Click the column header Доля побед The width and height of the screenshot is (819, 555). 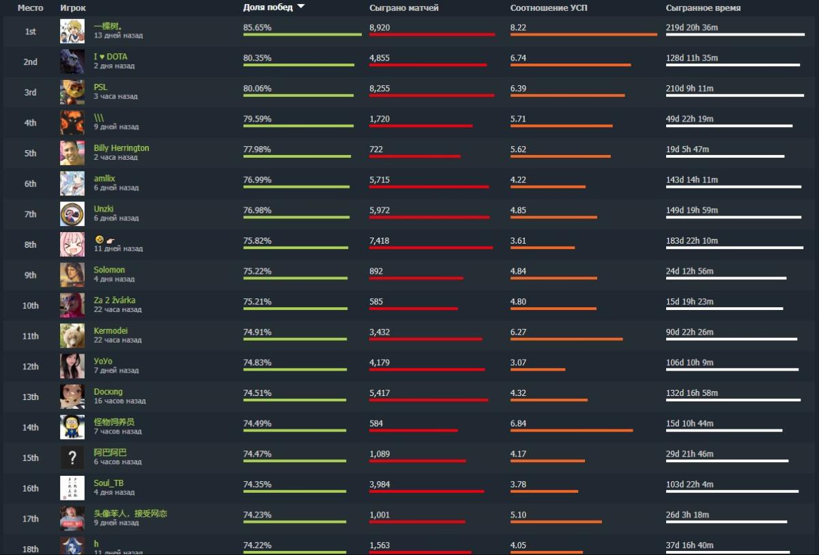[x=268, y=8]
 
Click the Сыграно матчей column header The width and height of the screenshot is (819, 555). [x=403, y=8]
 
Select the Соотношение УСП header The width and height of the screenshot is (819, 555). [x=548, y=8]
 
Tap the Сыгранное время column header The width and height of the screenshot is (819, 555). [x=703, y=8]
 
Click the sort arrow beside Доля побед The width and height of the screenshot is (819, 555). [x=301, y=7]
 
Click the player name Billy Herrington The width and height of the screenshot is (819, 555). [x=121, y=148]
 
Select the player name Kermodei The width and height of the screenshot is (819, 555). [x=111, y=331]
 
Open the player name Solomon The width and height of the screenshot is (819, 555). [x=109, y=270]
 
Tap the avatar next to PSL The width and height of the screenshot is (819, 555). [x=72, y=92]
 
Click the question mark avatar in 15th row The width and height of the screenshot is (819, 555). [x=72, y=457]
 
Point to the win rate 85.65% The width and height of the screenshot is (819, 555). [x=257, y=27]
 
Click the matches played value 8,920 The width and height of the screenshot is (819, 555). [x=379, y=27]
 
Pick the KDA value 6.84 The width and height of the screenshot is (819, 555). [x=518, y=423]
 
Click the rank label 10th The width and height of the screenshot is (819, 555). [x=31, y=306]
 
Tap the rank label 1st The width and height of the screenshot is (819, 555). [x=31, y=31]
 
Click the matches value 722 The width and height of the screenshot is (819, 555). [x=376, y=149]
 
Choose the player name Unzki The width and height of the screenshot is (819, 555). [x=104, y=209]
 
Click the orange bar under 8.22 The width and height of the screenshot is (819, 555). [x=584, y=35]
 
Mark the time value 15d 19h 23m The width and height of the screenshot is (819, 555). [x=689, y=301]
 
